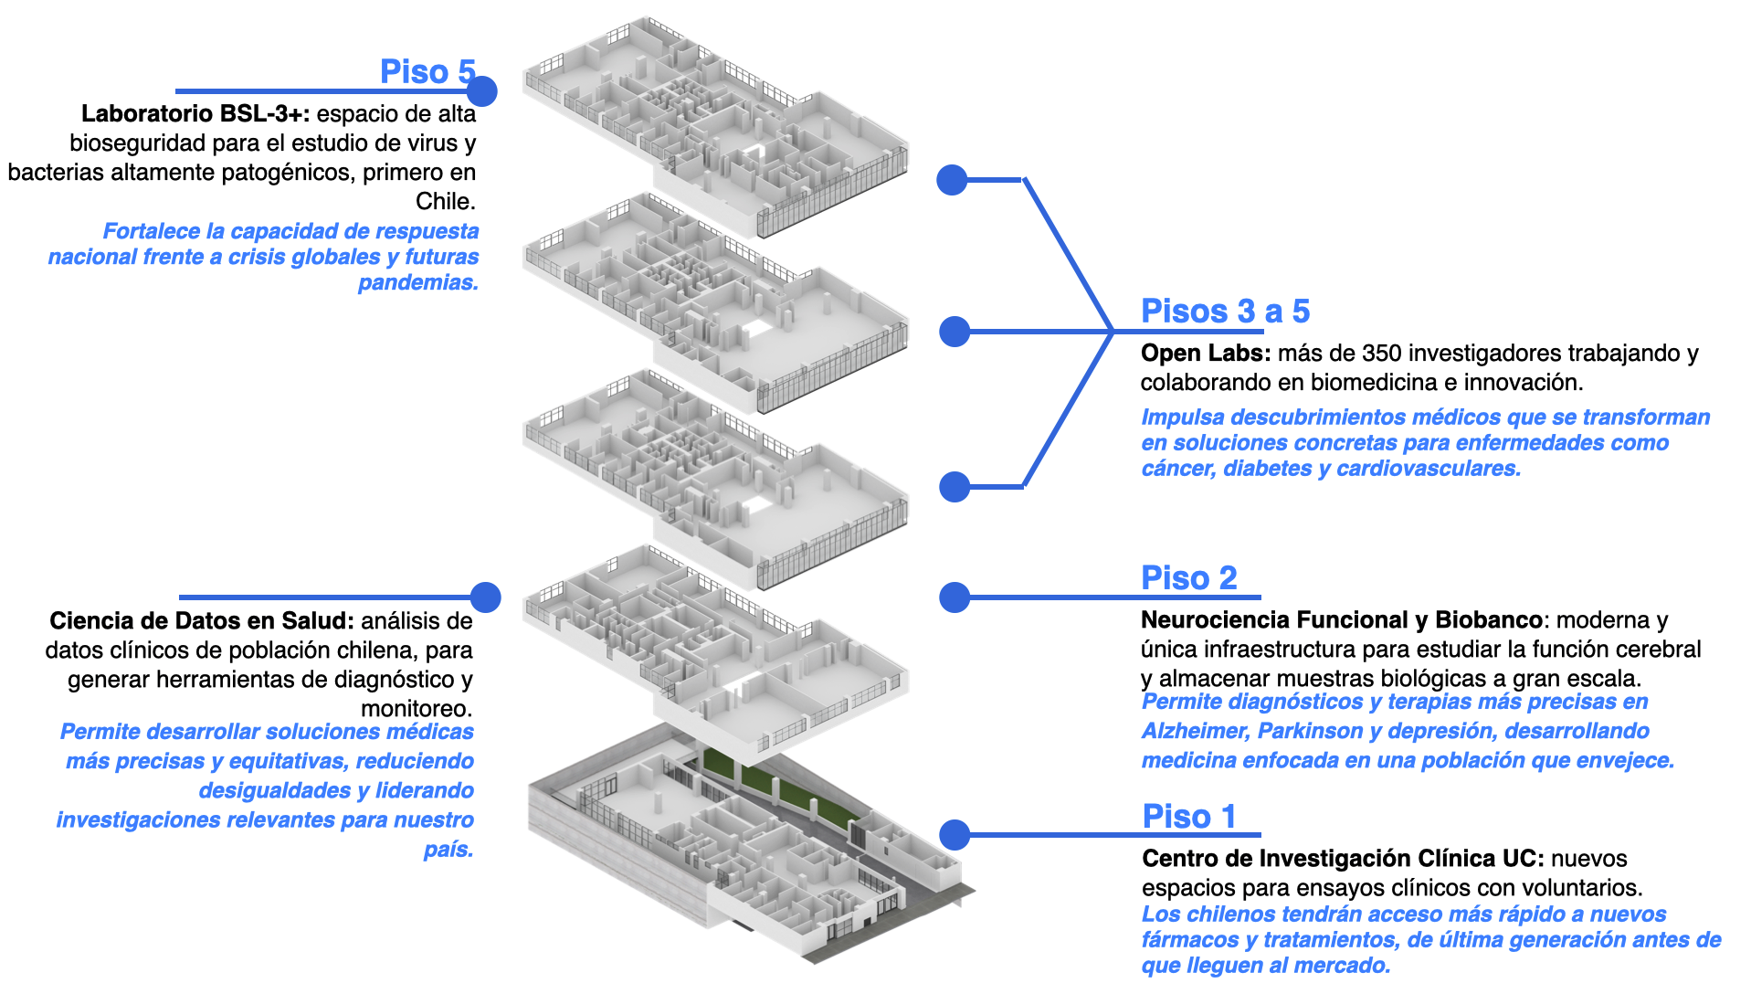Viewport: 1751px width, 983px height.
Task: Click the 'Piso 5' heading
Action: coord(427,71)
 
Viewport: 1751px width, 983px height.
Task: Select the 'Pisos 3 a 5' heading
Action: coord(1225,312)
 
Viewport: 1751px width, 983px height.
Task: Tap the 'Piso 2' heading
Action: coord(1188,578)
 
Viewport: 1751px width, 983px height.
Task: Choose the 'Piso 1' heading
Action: coord(1188,817)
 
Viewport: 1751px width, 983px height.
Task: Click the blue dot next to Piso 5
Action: coord(481,91)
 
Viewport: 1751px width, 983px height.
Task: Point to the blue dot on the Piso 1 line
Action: coord(955,834)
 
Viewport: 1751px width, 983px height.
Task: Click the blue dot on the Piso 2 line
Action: coord(955,597)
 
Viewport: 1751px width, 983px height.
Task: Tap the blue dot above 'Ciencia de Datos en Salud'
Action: coord(486,597)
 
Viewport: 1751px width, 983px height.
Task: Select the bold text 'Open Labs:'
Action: coord(1205,354)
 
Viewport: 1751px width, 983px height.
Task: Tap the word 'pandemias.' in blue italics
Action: coord(418,283)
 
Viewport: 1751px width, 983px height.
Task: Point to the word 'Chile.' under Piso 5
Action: coord(446,202)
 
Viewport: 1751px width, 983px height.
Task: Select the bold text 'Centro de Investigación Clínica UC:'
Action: coord(1343,859)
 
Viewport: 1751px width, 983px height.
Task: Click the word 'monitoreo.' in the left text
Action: coord(417,709)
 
